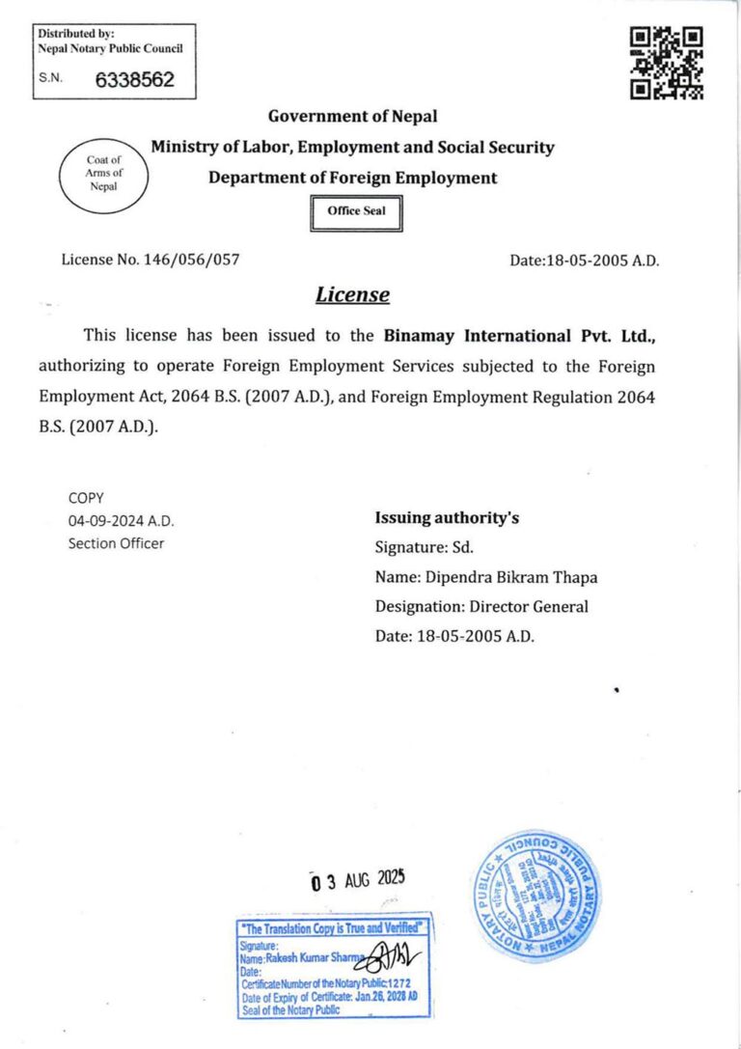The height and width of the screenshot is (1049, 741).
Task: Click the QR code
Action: pyautogui.click(x=666, y=64)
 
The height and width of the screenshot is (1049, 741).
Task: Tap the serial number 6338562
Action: pyautogui.click(x=134, y=80)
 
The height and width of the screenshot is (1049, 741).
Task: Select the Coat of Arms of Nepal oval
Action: pyautogui.click(x=103, y=174)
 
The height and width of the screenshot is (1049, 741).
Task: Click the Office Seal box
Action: pyautogui.click(x=356, y=212)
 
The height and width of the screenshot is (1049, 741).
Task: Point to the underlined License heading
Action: pyautogui.click(x=352, y=294)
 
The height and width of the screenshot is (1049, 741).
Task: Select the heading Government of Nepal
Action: pyautogui.click(x=352, y=117)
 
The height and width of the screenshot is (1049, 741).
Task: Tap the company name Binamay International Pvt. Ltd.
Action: pyautogui.click(x=520, y=336)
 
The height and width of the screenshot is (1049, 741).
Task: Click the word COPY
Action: pyautogui.click(x=85, y=498)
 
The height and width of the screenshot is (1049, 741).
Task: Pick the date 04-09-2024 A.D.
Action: pyautogui.click(x=121, y=520)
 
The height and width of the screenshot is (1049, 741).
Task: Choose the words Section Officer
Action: pyautogui.click(x=116, y=542)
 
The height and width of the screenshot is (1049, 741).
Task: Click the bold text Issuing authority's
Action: pyautogui.click(x=447, y=518)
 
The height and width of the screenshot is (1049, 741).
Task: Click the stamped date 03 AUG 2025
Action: pyautogui.click(x=358, y=879)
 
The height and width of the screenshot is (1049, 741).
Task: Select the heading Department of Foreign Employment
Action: pyautogui.click(x=352, y=178)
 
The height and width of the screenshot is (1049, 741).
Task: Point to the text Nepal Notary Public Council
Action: pyautogui.click(x=109, y=48)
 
